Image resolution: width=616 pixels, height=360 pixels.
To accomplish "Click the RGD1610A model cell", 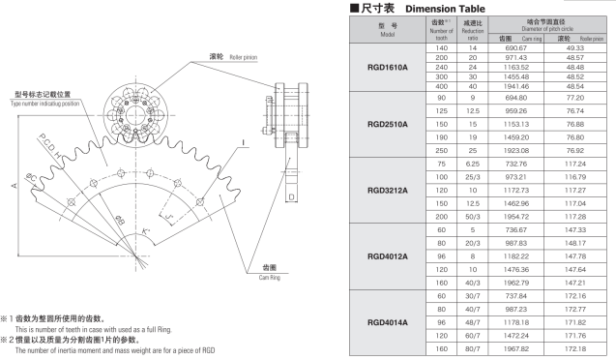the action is (x=388, y=67).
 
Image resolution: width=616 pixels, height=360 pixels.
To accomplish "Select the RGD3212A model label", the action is (x=388, y=191).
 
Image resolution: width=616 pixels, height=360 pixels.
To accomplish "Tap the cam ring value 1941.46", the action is (x=515, y=86).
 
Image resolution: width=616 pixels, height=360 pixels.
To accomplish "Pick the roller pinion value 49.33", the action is (x=574, y=48).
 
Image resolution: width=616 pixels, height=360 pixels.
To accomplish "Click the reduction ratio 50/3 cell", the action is (x=473, y=217).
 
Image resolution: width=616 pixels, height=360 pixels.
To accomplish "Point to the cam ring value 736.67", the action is (x=515, y=230).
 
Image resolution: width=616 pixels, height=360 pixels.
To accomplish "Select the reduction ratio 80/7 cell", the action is (x=473, y=348).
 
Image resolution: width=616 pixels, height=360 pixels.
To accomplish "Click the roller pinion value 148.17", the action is (x=574, y=243).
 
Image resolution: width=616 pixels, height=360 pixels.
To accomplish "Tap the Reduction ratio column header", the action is (x=473, y=30).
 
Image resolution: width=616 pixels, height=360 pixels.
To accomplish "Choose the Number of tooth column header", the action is (x=441, y=30).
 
